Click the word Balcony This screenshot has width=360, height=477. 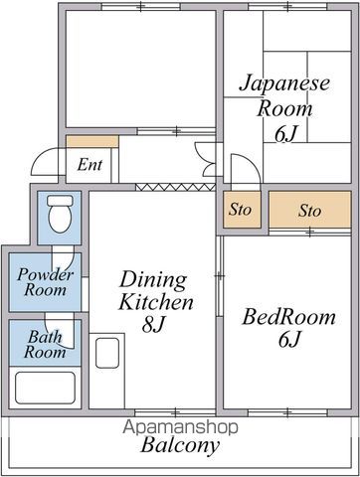click(179, 446)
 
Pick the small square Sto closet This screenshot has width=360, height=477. click(240, 211)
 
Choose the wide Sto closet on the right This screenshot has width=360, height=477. click(309, 211)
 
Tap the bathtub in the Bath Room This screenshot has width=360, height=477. click(45, 387)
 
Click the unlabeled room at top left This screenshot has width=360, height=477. click(138, 68)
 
